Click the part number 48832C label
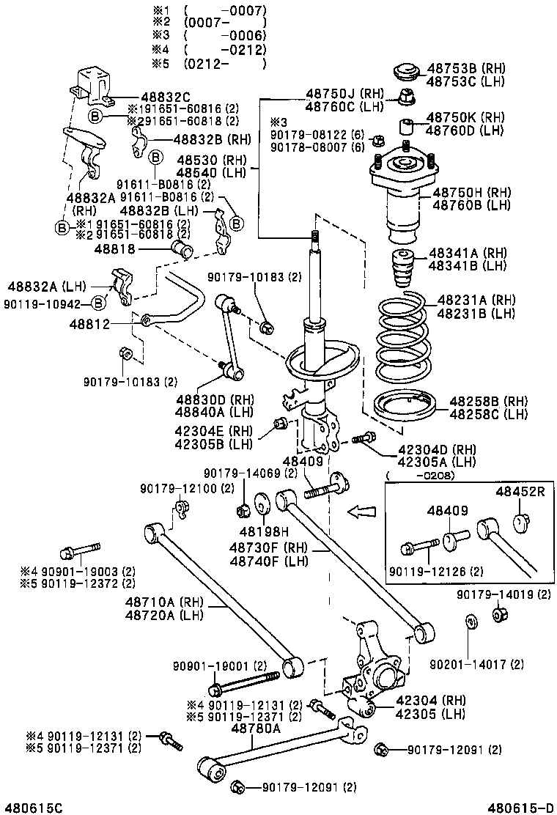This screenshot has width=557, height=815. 166,97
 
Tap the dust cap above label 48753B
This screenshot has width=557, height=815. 405,73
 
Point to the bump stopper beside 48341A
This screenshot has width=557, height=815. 402,270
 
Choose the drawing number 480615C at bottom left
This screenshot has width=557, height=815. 32,807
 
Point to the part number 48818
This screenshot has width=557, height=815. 111,250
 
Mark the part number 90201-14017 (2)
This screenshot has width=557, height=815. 476,664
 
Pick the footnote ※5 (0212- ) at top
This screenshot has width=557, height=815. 208,63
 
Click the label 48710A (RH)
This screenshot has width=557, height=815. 159,602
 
